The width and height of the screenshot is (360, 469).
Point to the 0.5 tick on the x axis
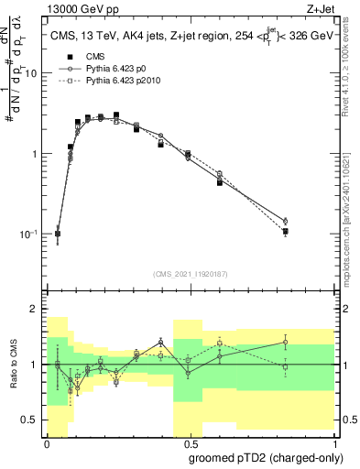pos(189,442)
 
